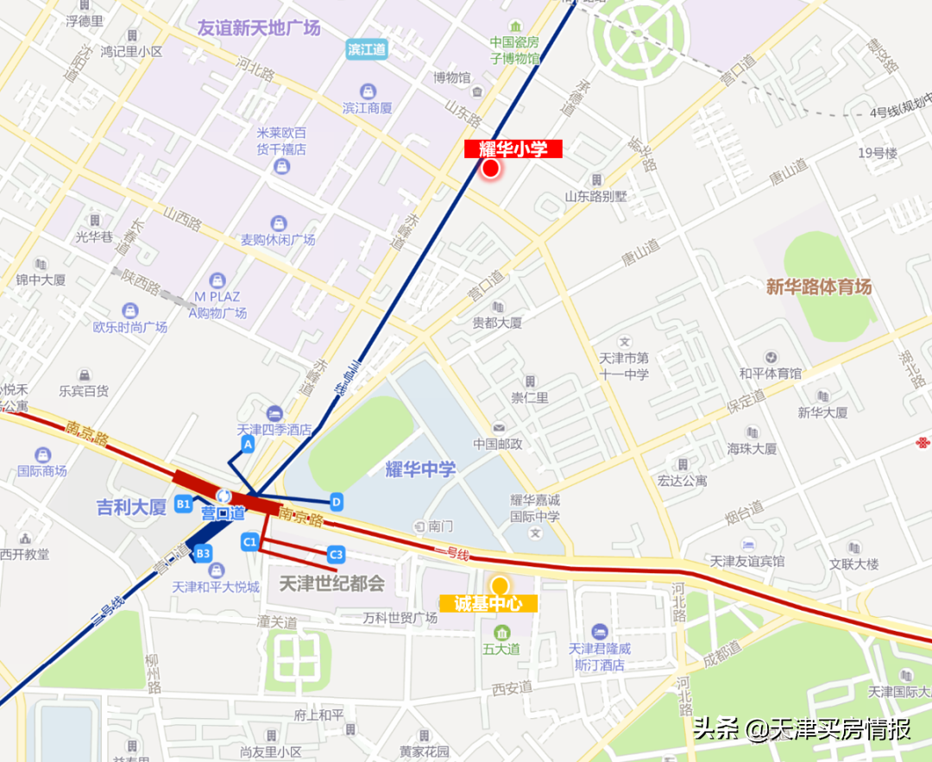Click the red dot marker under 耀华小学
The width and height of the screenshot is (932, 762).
tap(491, 168)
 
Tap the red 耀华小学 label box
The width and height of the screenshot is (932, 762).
tap(513, 149)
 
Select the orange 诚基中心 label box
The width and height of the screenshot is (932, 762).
tap(488, 604)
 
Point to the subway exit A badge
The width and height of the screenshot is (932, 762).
tap(249, 444)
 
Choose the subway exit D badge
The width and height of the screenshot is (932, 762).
tap(337, 501)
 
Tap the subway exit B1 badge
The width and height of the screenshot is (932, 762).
tap(183, 503)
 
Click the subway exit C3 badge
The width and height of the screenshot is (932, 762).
tap(336, 553)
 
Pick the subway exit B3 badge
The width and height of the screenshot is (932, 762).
tap(204, 552)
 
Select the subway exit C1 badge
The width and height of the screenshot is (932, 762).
tap(249, 542)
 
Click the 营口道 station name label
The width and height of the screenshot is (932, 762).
tap(224, 513)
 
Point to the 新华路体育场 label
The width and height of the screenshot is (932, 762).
tap(819, 287)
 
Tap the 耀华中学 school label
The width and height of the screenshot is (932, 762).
tap(420, 469)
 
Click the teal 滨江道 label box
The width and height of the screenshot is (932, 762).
tap(368, 49)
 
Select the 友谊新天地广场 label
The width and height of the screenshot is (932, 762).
tap(259, 28)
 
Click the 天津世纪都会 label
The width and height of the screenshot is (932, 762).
tap(331, 583)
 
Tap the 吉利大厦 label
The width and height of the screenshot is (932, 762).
tap(131, 507)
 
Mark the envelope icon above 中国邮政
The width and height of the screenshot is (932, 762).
tap(499, 428)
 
